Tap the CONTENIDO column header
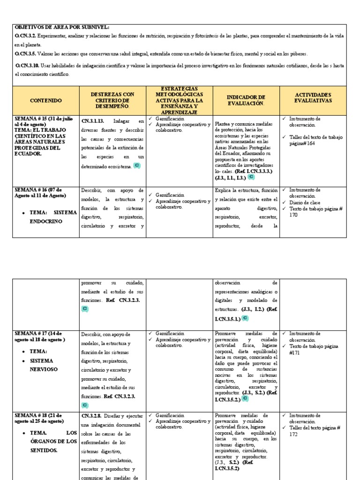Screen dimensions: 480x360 45,101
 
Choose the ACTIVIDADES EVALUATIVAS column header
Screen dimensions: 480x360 313,97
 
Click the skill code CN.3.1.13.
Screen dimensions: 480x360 93,120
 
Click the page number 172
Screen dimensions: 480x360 293,434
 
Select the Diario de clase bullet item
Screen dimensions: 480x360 306,202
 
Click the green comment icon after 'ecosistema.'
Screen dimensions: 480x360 136,166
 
